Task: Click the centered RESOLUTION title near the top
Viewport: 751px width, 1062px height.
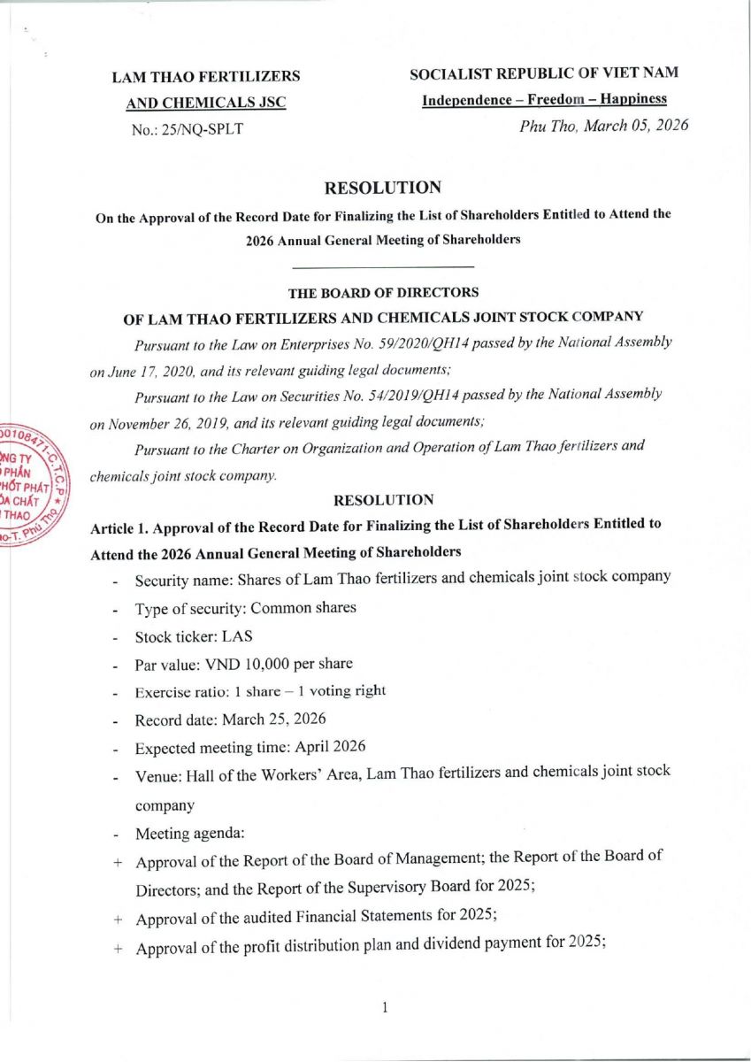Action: point(382,188)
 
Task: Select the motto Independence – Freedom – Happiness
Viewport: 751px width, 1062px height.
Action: point(544,99)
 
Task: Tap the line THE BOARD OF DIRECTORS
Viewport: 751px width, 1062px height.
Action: point(383,292)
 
